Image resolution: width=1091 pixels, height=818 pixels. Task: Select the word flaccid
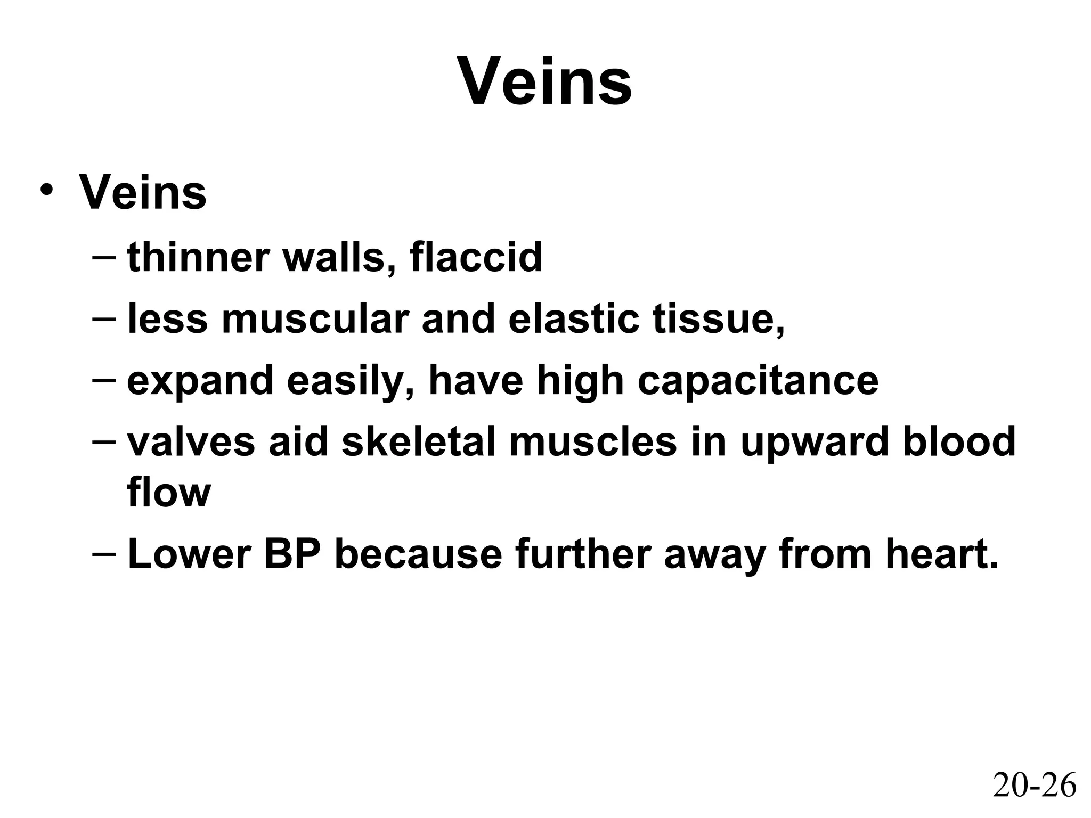tap(476, 257)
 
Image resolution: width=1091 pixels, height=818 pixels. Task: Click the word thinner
tap(198, 257)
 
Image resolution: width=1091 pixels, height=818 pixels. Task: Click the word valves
tap(191, 443)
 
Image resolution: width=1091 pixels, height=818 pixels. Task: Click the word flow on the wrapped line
tap(169, 492)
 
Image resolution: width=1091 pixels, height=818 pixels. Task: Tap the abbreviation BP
tap(292, 554)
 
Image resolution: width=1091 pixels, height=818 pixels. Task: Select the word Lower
tap(189, 554)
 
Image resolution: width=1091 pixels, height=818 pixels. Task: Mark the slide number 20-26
tap(1034, 785)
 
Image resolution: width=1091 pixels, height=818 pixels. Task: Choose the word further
tap(583, 554)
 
